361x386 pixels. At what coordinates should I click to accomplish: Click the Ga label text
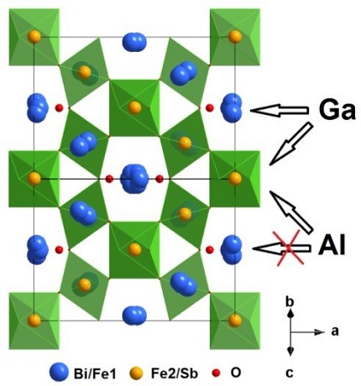[337, 110]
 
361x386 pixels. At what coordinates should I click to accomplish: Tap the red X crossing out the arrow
[289, 247]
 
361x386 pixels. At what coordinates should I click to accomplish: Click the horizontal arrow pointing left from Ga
[279, 110]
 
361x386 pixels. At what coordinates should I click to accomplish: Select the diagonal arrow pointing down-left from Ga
[291, 143]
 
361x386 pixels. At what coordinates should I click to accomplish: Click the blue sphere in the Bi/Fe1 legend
[59, 373]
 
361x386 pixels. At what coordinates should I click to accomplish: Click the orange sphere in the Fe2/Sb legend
[136, 373]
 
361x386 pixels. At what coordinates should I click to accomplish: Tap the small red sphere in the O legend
[217, 373]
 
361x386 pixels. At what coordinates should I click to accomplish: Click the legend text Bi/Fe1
[95, 373]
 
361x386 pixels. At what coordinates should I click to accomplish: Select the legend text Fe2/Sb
[175, 373]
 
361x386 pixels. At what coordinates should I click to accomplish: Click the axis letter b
[290, 302]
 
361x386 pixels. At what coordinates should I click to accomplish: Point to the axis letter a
[335, 331]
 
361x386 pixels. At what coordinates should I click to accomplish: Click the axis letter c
[290, 373]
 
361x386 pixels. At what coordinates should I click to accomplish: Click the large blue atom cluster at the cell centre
[134, 179]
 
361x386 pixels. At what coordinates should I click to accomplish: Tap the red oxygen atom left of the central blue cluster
[109, 179]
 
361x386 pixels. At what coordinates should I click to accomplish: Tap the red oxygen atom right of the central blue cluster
[160, 179]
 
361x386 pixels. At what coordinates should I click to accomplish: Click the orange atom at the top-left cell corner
[34, 37]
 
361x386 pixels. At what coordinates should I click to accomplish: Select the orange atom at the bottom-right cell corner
[235, 321]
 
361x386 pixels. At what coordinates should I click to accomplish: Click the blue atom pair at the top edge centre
[134, 42]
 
